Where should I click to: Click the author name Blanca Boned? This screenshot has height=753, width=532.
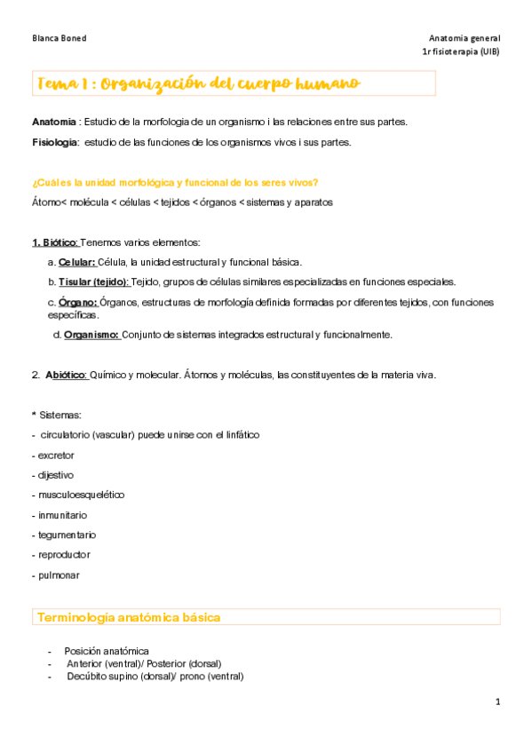point(59,38)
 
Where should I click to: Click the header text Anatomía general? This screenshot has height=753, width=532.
point(464,38)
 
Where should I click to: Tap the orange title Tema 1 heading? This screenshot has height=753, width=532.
point(197,83)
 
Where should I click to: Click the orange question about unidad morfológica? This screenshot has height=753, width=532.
point(175,183)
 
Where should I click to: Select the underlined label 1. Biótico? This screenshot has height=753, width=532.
point(56,242)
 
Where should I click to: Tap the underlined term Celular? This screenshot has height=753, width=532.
point(77,262)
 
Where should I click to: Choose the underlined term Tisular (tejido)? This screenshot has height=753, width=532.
point(94,281)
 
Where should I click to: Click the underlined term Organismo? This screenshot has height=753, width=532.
point(91,335)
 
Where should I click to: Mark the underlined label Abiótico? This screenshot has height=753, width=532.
point(67,375)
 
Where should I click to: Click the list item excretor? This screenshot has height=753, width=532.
point(57,455)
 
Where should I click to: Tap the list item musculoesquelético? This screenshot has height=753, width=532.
point(81,495)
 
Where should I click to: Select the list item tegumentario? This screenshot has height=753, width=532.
point(67,535)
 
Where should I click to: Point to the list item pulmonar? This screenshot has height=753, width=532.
point(59,575)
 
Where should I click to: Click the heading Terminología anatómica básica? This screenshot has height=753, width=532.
point(127,617)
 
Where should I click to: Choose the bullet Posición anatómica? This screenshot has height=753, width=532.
point(107,651)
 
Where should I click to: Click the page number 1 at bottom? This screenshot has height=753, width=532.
point(498,702)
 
